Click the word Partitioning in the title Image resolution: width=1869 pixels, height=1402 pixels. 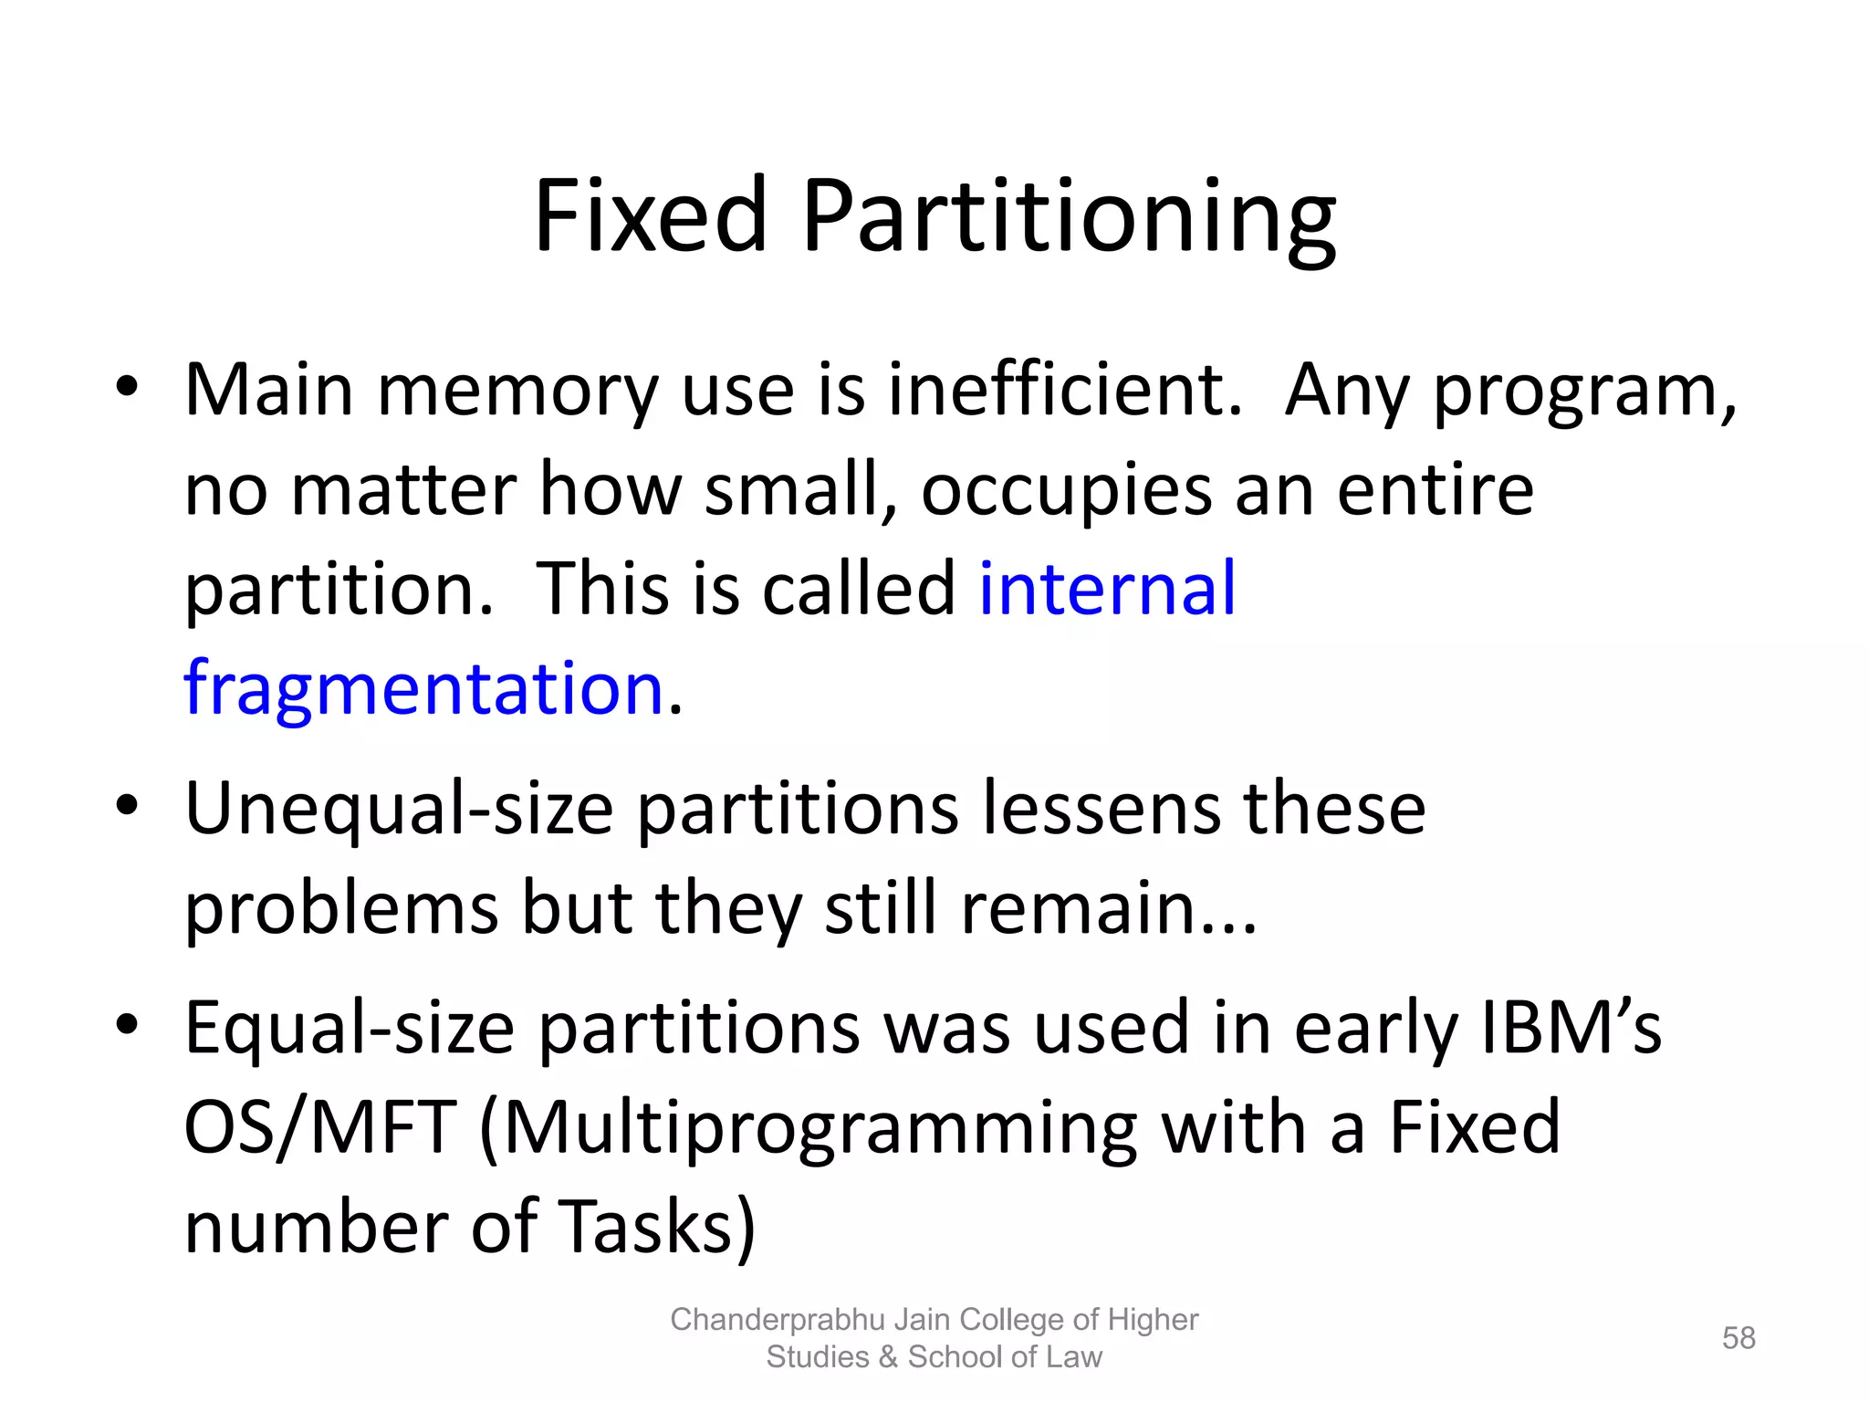click(1068, 217)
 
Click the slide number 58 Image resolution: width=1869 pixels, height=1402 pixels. click(1738, 1338)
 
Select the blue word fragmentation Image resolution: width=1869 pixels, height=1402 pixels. click(423, 688)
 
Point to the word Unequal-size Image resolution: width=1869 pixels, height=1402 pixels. click(399, 809)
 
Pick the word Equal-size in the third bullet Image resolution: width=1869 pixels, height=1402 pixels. click(350, 1028)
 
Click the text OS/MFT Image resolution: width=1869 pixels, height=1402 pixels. click(319, 1127)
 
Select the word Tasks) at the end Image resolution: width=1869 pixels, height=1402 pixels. click(656, 1228)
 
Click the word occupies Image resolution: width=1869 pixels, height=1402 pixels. click(1067, 491)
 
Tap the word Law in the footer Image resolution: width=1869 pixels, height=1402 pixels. click(1074, 1357)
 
